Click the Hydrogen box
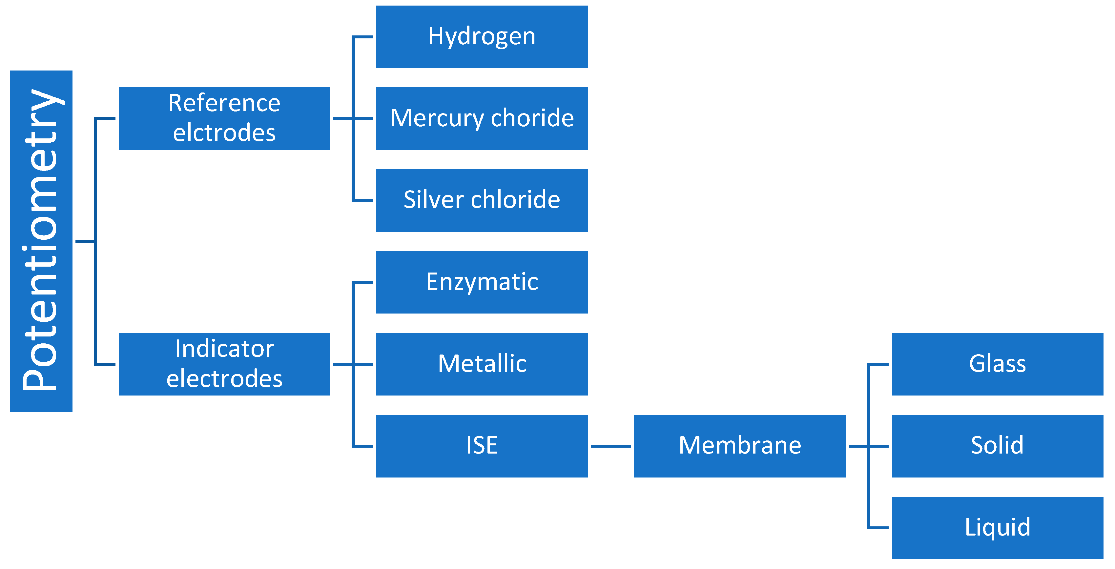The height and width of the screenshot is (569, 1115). tap(482, 37)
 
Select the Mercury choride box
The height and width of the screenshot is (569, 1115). tap(482, 119)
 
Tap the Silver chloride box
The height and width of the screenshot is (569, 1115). tap(482, 200)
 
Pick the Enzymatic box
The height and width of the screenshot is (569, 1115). tap(482, 282)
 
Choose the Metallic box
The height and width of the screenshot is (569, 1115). tap(482, 364)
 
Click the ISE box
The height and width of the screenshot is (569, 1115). tap(482, 446)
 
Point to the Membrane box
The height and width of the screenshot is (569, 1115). tap(739, 446)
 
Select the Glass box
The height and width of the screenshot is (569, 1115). tap(997, 364)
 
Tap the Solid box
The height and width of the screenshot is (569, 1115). tap(997, 446)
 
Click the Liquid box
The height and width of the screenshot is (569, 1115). tap(997, 527)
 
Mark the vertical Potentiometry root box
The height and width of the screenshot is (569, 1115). tap(41, 241)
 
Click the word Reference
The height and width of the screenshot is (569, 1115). tap(224, 103)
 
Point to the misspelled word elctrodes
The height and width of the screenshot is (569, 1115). tap(224, 133)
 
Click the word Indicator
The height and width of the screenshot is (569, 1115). tap(224, 349)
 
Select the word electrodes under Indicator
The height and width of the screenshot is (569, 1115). tap(224, 378)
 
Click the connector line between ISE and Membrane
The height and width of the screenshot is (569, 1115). tap(611, 446)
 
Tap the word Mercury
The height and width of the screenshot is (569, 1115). tap(437, 119)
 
